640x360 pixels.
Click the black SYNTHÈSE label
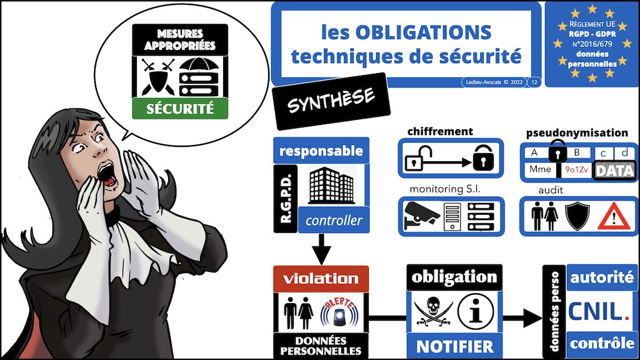[x=331, y=101]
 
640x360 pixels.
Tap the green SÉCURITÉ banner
[x=180, y=109]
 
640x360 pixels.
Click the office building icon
[x=331, y=185]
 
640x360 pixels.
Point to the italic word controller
[x=334, y=221]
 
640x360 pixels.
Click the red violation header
[x=321, y=279]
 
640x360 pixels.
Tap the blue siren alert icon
[x=339, y=313]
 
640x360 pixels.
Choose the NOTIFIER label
[x=455, y=346]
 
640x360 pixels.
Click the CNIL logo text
[x=599, y=312]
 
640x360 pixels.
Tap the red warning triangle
[x=614, y=217]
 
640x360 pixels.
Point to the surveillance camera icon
[x=421, y=216]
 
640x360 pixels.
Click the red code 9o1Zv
[x=576, y=169]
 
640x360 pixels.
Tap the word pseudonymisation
[x=577, y=132]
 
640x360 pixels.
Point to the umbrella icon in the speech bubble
[x=199, y=65]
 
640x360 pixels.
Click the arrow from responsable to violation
[x=321, y=249]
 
